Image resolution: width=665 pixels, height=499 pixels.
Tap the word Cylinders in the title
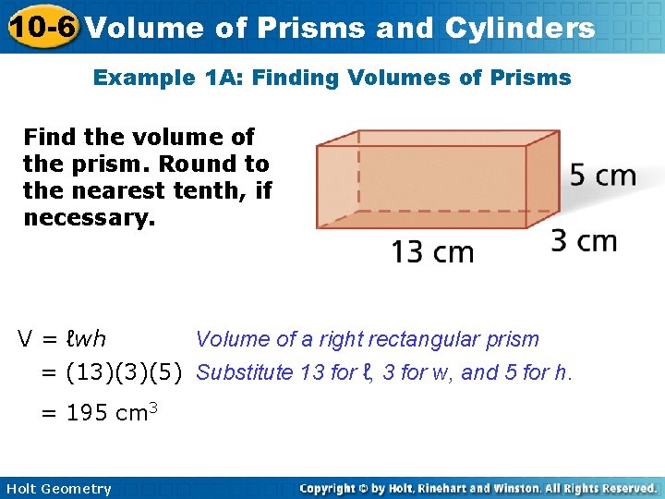coord(520,28)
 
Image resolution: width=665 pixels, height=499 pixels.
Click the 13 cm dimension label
coord(432,251)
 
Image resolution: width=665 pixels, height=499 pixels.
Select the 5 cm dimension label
coord(602,176)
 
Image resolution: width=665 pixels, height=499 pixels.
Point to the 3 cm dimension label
coord(584,240)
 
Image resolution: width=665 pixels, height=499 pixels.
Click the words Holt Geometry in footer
coord(58,489)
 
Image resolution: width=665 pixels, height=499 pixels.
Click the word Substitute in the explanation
coord(243,373)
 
